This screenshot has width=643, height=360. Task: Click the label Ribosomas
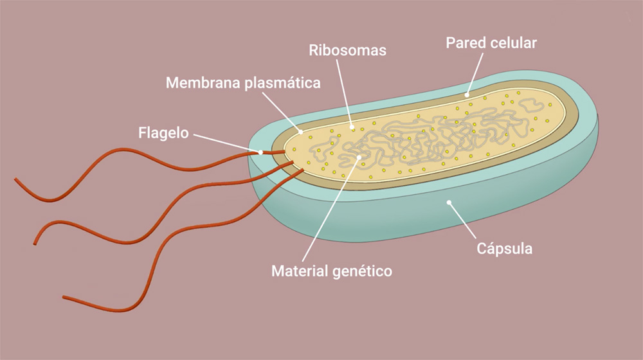click(x=347, y=50)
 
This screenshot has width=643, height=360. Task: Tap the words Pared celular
click(x=491, y=43)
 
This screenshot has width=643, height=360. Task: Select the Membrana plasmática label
click(x=243, y=83)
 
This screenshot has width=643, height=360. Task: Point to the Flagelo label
click(x=163, y=134)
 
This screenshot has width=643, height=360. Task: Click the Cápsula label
click(x=505, y=248)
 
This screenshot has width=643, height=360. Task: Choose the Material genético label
click(x=331, y=271)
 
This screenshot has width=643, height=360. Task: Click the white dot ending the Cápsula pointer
click(x=450, y=203)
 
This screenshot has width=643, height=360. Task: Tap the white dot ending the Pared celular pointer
click(x=468, y=94)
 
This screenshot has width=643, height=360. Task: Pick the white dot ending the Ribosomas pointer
click(x=352, y=127)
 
